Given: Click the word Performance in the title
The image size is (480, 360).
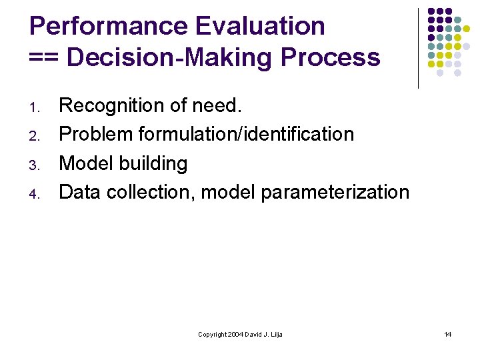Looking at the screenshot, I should click(x=108, y=27).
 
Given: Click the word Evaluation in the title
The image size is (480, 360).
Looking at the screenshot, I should click(x=260, y=27).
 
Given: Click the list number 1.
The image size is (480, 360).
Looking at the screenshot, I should click(x=36, y=107).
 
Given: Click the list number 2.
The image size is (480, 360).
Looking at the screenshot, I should click(x=36, y=136).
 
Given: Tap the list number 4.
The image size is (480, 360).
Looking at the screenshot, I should click(x=36, y=194).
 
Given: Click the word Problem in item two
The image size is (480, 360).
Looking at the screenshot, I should click(x=96, y=135).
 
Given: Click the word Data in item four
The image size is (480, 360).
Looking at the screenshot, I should click(x=80, y=192).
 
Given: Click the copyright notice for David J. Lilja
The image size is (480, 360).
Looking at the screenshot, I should click(x=240, y=334).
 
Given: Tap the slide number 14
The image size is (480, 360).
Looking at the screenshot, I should click(x=448, y=334).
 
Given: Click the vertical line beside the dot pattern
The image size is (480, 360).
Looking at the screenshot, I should click(x=418, y=48).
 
